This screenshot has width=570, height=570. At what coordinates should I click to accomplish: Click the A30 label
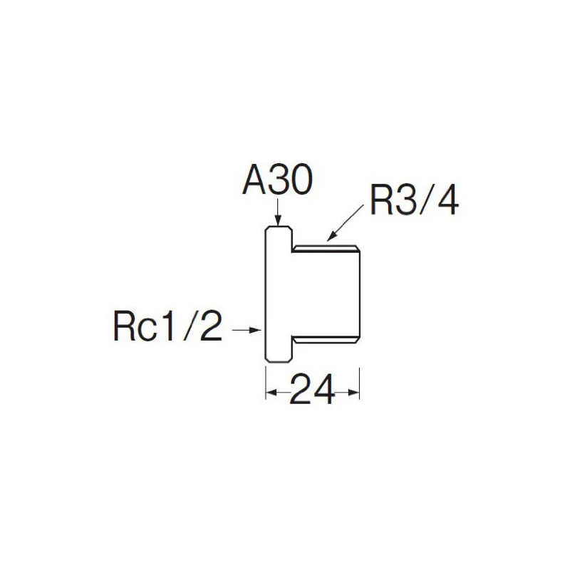277,182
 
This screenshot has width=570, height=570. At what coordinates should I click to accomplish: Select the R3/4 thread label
414,202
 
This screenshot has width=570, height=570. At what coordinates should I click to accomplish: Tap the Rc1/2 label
167,328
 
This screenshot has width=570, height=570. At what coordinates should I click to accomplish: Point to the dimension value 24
311,391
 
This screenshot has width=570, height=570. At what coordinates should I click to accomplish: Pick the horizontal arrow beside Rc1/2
247,329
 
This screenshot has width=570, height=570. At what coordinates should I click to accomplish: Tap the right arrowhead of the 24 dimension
353,391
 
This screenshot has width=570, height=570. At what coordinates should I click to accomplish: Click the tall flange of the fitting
279,294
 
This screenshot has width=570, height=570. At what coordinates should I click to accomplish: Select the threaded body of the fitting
326,294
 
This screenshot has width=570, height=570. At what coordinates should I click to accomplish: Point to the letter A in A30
254,182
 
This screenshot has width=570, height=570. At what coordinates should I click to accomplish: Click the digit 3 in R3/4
400,202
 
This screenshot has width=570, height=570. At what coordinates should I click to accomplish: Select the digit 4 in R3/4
446,202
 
